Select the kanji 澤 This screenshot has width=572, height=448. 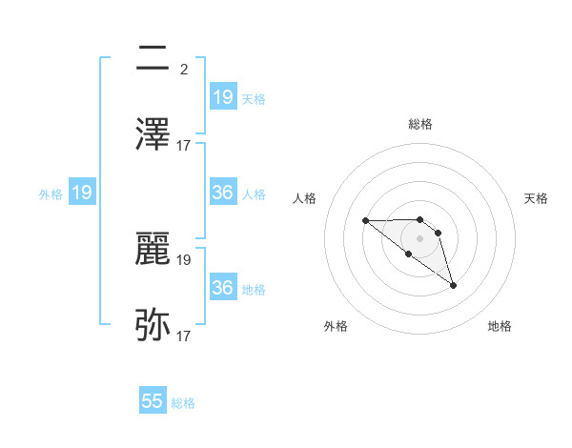[153, 133]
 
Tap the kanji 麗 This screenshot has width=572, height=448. [153, 250]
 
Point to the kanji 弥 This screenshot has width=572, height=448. [153, 325]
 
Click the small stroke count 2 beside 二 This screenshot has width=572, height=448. [183, 70]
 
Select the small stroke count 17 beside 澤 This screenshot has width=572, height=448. [184, 146]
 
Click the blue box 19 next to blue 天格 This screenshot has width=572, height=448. [222, 96]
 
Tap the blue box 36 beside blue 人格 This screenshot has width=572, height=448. [222, 193]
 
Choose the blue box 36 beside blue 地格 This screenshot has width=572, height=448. [222, 287]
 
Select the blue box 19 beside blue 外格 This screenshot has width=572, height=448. [81, 193]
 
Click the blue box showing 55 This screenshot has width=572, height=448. [153, 401]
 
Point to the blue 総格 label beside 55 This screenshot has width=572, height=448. [183, 403]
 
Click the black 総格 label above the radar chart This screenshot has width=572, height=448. [420, 124]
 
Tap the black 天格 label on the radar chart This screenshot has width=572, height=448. [537, 198]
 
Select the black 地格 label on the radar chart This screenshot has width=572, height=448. [500, 326]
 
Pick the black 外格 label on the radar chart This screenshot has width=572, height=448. [336, 326]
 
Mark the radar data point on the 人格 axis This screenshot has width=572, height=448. [366, 221]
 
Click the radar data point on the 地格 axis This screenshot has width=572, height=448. [453, 285]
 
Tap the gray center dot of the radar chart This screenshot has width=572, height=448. [419, 238]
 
